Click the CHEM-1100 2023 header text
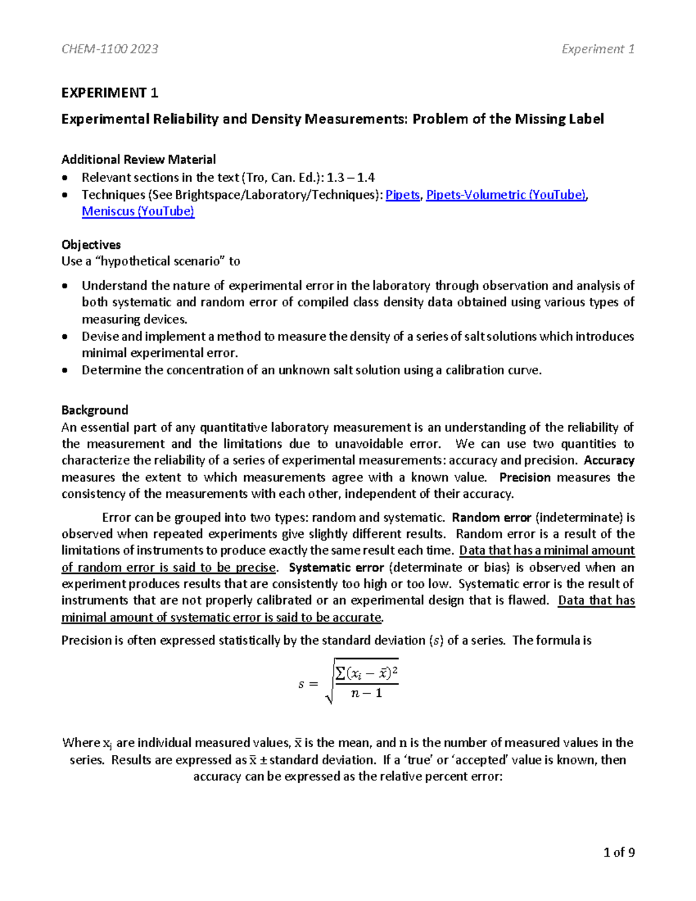coord(110,49)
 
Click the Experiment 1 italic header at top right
coord(597,49)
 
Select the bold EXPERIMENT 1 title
coord(110,93)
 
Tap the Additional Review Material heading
coord(139,160)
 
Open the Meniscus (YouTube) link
coord(138,211)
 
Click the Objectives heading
coord(91,245)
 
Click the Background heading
coord(95,410)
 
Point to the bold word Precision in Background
coord(525,477)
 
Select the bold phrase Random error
coord(491,518)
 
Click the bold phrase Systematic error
coord(336,567)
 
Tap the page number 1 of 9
coord(619,852)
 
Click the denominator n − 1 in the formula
coord(367,693)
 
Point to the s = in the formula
coord(308,684)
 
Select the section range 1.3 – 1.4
coord(351,178)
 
